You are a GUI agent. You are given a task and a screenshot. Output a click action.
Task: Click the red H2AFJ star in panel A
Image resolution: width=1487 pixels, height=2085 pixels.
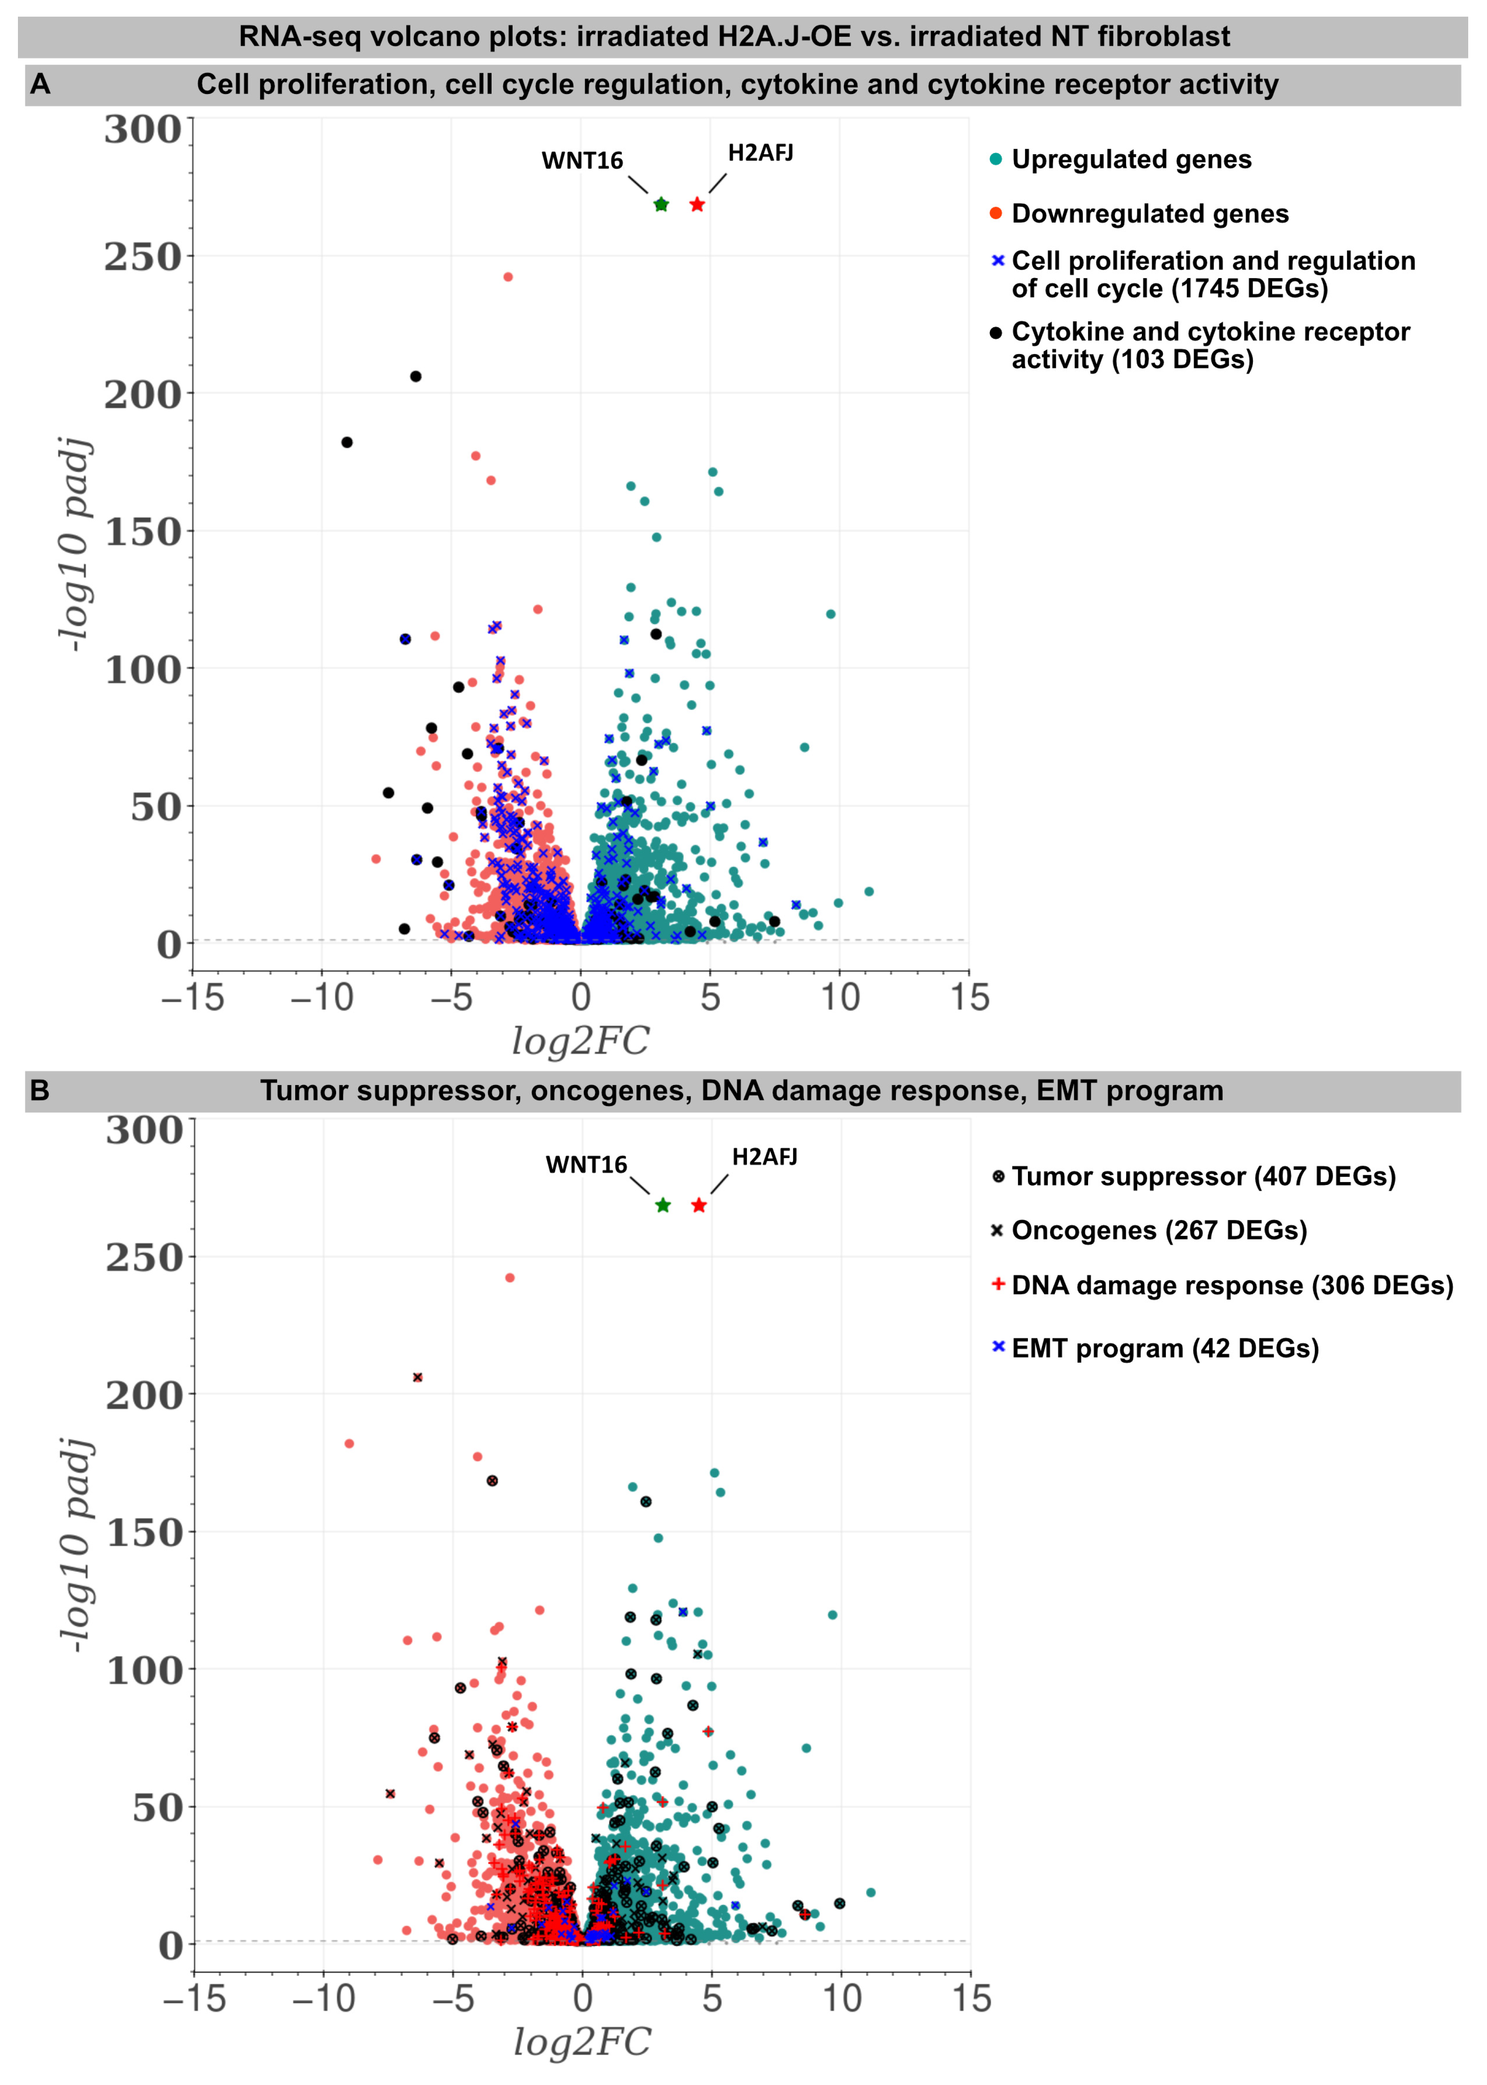tap(697, 204)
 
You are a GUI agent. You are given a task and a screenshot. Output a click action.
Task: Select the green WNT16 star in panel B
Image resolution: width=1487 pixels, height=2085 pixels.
tap(663, 1205)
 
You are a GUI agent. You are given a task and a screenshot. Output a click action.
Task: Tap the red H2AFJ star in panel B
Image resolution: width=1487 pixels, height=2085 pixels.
tap(699, 1205)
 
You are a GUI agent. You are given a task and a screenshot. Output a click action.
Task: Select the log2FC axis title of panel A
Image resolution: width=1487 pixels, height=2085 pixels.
tap(580, 1041)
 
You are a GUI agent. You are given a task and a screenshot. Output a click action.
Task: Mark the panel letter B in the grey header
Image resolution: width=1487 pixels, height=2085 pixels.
tap(39, 1091)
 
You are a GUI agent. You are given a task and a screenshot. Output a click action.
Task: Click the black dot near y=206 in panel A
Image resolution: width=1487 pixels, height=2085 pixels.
tap(416, 376)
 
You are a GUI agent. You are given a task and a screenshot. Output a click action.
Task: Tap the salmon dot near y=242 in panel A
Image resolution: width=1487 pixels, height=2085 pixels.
tap(508, 276)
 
